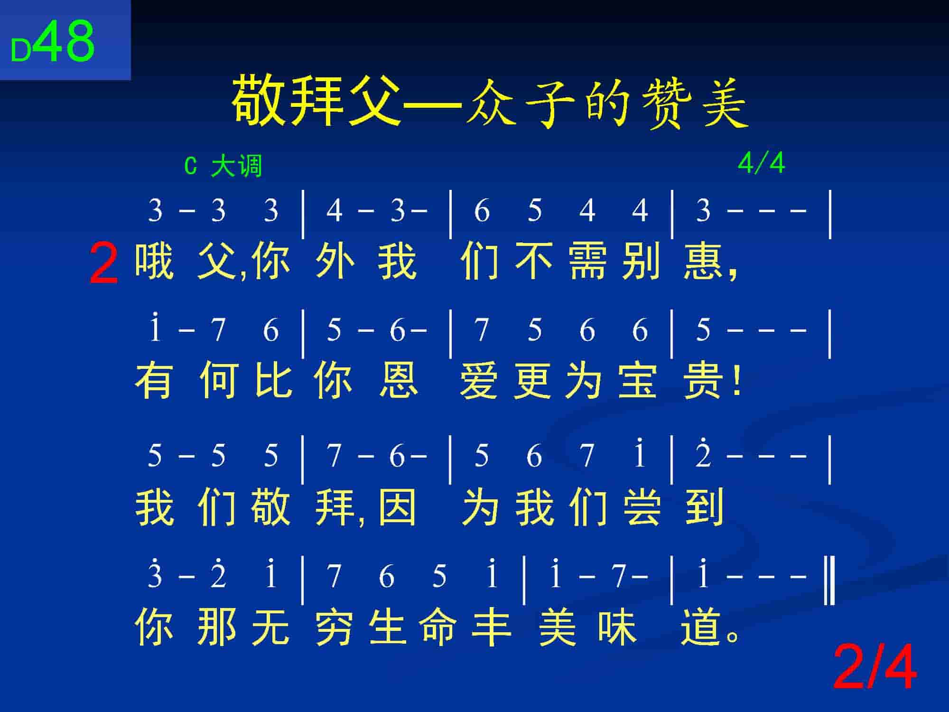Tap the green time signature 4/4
[x=761, y=164]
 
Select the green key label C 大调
[x=223, y=167]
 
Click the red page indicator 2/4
[x=874, y=667]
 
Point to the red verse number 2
[x=103, y=264]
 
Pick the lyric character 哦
[x=155, y=261]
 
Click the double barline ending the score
[x=829, y=581]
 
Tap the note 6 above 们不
[x=481, y=211]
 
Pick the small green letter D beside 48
[x=21, y=50]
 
